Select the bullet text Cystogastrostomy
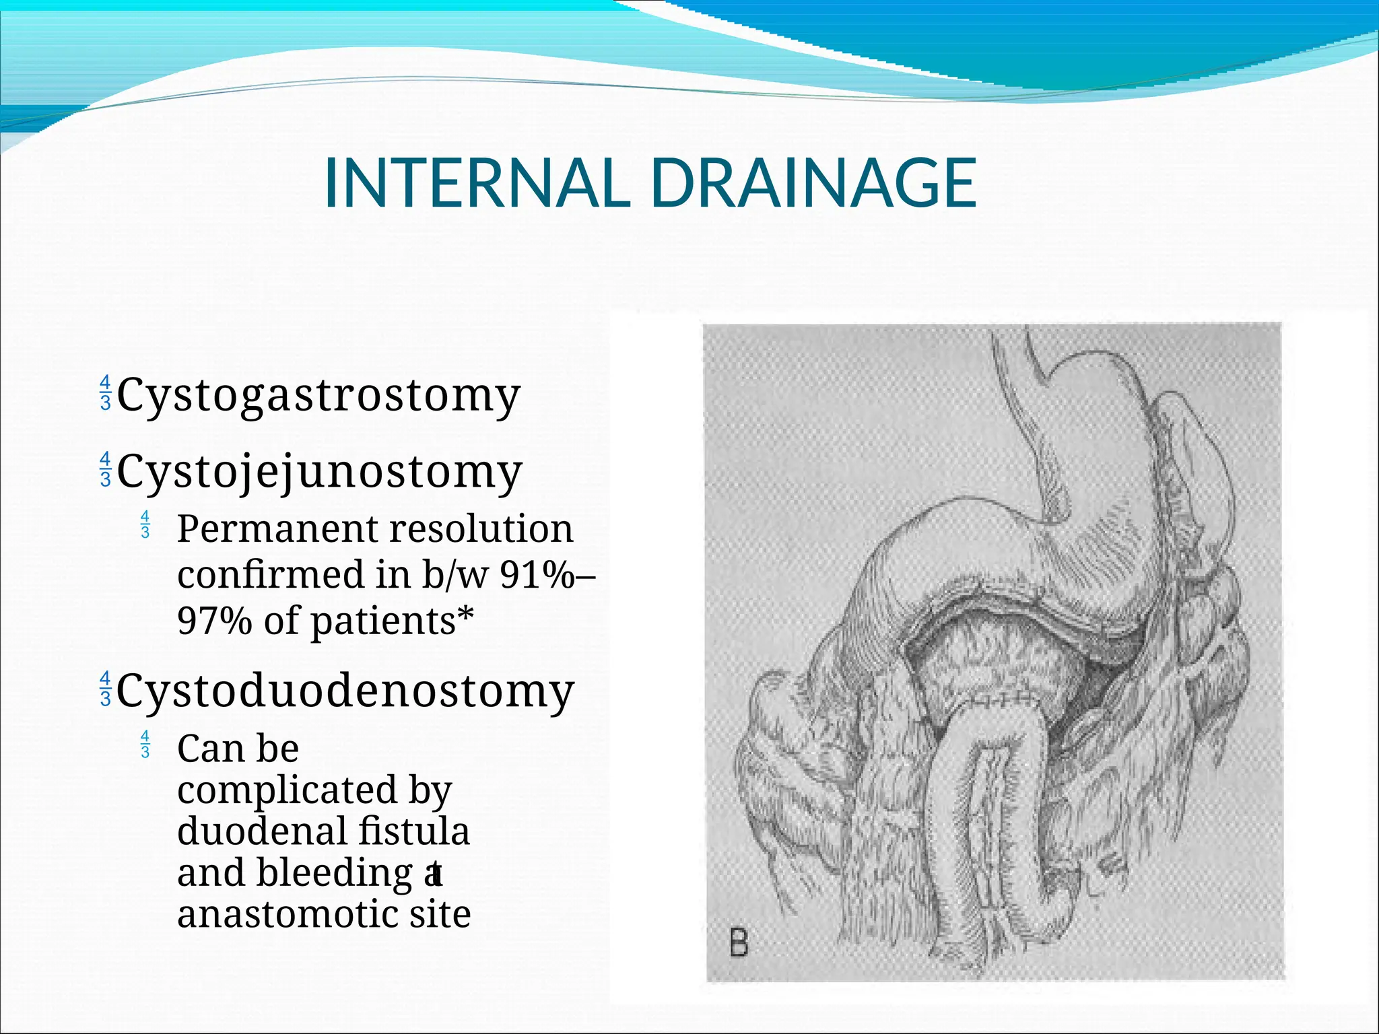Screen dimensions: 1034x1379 pos(318,395)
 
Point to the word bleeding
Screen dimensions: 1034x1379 pos(335,874)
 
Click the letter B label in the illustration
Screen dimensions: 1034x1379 pos(739,942)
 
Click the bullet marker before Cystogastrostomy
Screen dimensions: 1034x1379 pos(105,394)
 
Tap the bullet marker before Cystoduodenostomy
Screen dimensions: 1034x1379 pos(105,689)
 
